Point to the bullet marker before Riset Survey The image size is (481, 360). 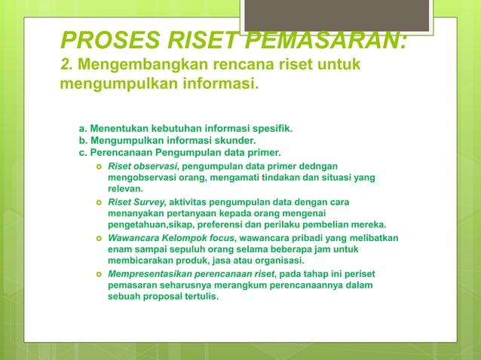pos(99,202)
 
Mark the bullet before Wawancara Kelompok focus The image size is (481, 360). pos(99,238)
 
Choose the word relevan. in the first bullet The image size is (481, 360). pos(125,188)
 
